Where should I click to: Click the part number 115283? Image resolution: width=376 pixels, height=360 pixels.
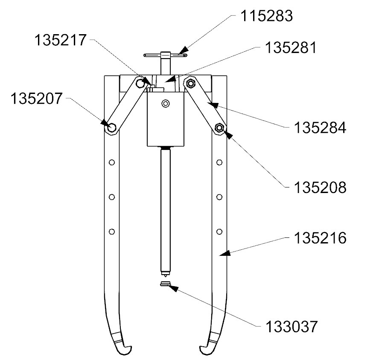pos(266,16)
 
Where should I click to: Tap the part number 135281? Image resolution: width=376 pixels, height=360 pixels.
pos(290,47)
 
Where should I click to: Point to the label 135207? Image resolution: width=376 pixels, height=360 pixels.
pos(36,99)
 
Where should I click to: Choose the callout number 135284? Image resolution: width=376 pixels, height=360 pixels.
pos(320,128)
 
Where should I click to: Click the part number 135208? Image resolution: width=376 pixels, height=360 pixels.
pos(320,187)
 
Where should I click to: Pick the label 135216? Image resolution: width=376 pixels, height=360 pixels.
pos(320,238)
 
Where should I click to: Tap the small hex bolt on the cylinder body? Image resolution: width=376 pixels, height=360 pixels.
pos(166,103)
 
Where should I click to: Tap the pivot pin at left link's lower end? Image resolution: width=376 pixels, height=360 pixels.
pos(111,127)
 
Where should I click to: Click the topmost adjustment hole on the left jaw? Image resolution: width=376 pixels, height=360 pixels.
pos(112,162)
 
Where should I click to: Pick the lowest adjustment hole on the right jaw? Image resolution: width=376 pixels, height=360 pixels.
pos(219,231)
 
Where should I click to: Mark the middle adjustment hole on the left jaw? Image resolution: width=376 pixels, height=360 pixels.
pos(112,197)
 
